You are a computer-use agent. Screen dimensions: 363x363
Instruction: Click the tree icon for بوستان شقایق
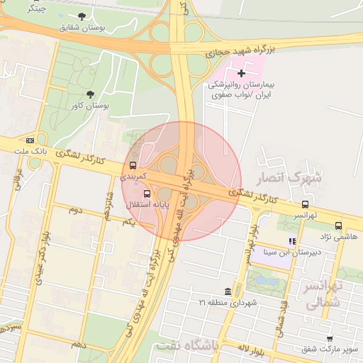84,16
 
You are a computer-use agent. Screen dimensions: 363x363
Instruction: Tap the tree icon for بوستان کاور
89,94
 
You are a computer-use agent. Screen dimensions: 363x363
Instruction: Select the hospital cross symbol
241,72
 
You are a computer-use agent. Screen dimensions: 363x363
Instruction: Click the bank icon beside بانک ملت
29,140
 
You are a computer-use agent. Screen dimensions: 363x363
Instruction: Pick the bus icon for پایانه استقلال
147,193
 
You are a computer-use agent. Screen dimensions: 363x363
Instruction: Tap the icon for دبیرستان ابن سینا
292,242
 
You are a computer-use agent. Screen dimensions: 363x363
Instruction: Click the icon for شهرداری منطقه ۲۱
227,292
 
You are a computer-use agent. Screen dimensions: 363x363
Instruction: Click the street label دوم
76,211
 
